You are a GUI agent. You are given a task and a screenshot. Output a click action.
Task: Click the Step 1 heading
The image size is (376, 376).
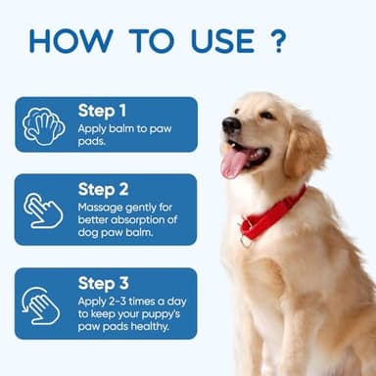[x=102, y=111]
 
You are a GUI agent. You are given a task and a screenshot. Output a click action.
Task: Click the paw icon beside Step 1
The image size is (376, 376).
[x=44, y=124]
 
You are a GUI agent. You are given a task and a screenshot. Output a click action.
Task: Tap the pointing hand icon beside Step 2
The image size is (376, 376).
[x=44, y=209]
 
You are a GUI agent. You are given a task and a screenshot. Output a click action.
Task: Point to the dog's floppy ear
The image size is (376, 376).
[x=305, y=147]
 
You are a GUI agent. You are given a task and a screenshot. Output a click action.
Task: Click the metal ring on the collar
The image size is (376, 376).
[x=246, y=239]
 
